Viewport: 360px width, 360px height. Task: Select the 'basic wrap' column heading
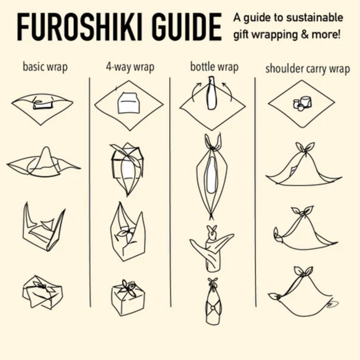coord(45,67)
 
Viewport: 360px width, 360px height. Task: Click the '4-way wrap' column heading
coord(130,67)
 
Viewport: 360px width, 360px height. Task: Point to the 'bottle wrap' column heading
coord(214,67)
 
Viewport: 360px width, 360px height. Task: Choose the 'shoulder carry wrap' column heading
coord(308,69)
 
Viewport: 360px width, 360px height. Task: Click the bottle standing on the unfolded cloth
coord(211,93)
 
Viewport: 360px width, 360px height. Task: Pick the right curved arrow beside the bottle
coord(228,91)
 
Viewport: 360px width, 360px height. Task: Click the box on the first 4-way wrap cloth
coord(129,103)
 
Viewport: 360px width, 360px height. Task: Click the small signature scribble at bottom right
coord(332,304)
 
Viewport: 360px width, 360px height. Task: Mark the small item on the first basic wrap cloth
coord(43,104)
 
